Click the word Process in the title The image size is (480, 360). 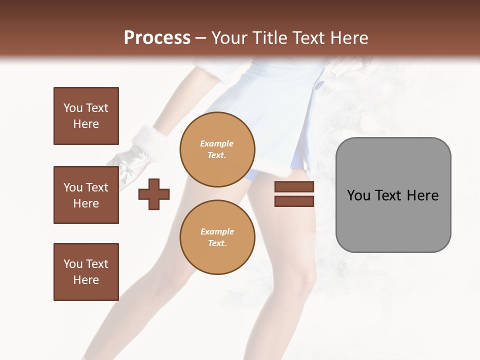point(157,38)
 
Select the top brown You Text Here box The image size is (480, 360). point(86,116)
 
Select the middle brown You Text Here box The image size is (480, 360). point(86,195)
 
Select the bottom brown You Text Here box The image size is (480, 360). point(86,271)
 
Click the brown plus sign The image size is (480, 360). point(154,193)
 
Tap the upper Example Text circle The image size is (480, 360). point(217,149)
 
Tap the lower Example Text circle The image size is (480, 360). point(217,237)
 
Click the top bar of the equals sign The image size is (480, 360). point(294,186)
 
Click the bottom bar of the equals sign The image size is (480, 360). point(294,201)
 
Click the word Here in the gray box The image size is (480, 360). point(422,195)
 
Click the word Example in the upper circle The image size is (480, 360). point(217,143)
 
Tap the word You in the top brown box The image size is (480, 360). point(73,108)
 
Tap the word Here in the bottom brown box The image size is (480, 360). point(86,280)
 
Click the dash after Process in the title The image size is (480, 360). point(201,38)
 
